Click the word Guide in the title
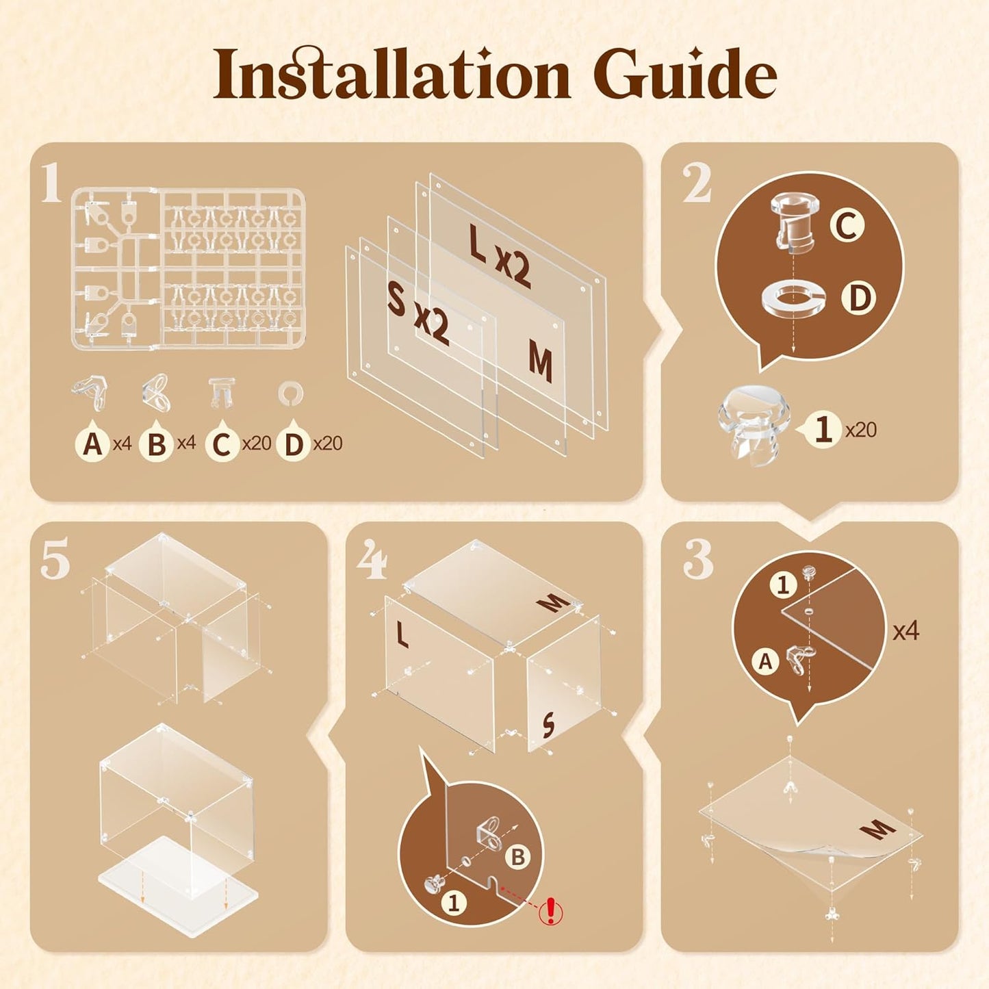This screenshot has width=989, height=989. pyautogui.click(x=684, y=73)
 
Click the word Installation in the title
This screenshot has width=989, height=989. pyautogui.click(x=392, y=73)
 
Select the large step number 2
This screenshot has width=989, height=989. pyautogui.click(x=696, y=183)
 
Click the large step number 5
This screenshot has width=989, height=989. pyautogui.click(x=54, y=561)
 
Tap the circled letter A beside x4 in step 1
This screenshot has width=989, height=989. pyautogui.click(x=92, y=443)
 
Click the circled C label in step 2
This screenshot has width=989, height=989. pyautogui.click(x=845, y=226)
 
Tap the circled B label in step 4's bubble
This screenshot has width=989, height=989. pyautogui.click(x=517, y=856)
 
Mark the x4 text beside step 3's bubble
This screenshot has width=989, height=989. pyautogui.click(x=905, y=631)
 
